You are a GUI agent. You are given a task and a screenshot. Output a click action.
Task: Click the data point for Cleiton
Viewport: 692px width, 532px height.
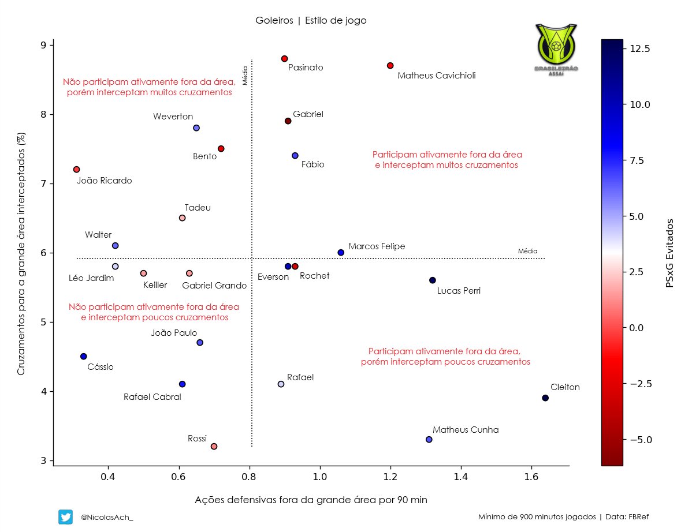pos(545,398)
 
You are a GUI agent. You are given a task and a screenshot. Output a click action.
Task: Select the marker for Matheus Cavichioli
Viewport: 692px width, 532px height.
pos(390,66)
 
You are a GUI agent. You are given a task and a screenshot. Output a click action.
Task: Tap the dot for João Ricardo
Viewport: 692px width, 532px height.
pos(76,170)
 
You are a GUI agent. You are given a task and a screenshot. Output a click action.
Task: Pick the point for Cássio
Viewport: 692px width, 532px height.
pos(84,357)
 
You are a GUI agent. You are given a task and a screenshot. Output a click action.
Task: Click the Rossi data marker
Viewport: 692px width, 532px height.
pos(214,447)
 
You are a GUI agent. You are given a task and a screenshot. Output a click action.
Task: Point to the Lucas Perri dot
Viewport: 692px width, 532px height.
pos(433,280)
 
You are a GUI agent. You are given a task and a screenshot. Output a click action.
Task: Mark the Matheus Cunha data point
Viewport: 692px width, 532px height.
pos(429,440)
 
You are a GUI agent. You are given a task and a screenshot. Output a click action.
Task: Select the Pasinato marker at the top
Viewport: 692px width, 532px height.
pos(284,59)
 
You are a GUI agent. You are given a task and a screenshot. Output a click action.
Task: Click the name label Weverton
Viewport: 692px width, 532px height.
pos(173,117)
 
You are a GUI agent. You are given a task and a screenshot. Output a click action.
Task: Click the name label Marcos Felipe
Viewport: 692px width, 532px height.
pos(377,246)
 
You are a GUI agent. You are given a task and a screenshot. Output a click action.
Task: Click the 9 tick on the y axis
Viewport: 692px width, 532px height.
pos(42,46)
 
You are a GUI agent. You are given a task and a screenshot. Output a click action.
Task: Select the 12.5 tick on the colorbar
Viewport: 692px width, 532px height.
pos(639,50)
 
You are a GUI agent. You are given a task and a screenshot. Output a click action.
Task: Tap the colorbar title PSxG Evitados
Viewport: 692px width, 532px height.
pos(669,253)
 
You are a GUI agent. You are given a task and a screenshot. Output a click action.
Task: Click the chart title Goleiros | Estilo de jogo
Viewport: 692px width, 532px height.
pos(311,20)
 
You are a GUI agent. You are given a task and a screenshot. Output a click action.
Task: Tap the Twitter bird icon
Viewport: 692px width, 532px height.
pos(65,517)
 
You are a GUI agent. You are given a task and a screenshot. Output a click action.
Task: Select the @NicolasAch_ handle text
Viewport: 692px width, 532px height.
pos(107,517)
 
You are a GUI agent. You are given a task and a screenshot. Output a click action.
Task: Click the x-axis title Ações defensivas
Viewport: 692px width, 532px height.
pos(311,500)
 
